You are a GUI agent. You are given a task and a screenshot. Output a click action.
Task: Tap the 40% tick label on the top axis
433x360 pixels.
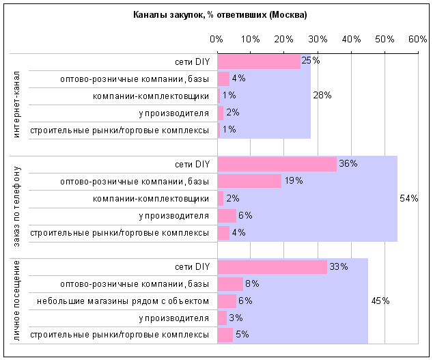pos(351,39)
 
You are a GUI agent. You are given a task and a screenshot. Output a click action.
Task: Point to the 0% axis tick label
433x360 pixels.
pos(216,39)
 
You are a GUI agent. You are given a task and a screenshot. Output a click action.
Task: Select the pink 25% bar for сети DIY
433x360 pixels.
pos(259,62)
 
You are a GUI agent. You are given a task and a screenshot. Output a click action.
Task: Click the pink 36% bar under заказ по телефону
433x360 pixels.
pos(277,165)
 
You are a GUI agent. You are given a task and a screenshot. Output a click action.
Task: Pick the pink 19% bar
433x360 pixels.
pos(249,181)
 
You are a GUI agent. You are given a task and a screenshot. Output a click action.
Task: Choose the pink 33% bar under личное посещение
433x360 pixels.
pos(273,267)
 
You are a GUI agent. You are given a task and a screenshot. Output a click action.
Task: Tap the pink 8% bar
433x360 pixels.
pos(230,284)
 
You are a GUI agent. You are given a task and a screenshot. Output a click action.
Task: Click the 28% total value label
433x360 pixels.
pos(322,96)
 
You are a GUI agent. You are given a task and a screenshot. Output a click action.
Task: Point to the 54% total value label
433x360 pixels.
pos(409,198)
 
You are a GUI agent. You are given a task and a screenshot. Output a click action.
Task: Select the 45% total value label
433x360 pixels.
pos(380,301)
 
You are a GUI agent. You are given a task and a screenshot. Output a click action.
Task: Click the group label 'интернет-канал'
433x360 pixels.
pos(16,104)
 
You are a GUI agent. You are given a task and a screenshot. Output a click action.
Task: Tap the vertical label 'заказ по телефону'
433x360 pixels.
pos(16,206)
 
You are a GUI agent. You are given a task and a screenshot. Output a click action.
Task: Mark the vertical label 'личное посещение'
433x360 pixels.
pos(16,301)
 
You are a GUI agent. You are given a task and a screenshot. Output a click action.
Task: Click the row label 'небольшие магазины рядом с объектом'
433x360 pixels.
pos(123,301)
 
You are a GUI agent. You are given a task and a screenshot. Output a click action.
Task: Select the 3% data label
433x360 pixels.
pos(236,318)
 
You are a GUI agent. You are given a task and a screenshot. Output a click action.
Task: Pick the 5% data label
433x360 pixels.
pos(242,335)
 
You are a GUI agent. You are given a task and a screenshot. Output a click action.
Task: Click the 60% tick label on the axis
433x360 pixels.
pos(418,39)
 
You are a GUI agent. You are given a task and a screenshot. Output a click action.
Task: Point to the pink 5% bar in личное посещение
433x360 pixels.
pos(225,335)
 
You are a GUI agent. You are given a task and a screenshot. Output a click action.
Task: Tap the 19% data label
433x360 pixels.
pos(294,181)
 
